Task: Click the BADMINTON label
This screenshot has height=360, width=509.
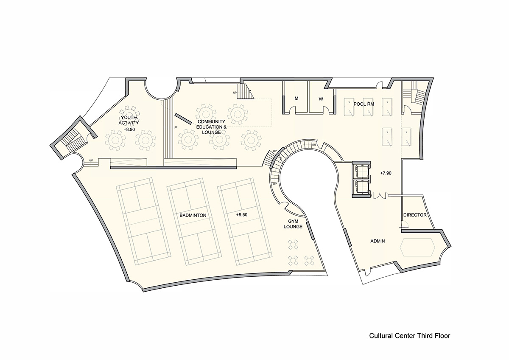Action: (193, 215)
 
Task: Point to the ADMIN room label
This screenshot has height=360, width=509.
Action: (378, 241)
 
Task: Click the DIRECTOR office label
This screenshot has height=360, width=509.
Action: (414, 215)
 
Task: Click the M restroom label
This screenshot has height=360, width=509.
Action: (296, 98)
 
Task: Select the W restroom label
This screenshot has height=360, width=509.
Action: (321, 98)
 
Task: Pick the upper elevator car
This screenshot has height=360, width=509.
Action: (361, 171)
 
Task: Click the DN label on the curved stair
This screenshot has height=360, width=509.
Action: (314, 144)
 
